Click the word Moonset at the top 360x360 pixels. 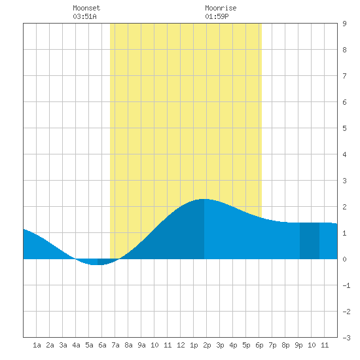click(x=86, y=8)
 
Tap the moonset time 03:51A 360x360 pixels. click(x=84, y=16)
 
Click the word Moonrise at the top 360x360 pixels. click(x=221, y=8)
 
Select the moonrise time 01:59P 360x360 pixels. click(x=217, y=16)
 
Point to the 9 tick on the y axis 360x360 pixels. click(x=344, y=24)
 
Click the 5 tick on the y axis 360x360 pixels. click(x=344, y=128)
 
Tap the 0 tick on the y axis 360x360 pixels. click(x=344, y=259)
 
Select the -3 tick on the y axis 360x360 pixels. click(x=346, y=338)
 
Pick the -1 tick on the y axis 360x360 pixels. click(x=346, y=285)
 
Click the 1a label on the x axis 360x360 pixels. click(x=37, y=345)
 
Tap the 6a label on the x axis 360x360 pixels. click(x=102, y=345)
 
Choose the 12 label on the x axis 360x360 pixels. click(x=181, y=345)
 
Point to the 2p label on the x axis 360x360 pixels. click(x=207, y=345)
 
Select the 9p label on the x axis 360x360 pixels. click(x=298, y=345)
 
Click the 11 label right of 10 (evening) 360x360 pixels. click(x=325, y=345)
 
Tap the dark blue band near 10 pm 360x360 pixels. click(x=310, y=241)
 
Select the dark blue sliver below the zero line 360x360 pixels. click(x=107, y=261)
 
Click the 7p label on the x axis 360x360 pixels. click(x=272, y=345)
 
